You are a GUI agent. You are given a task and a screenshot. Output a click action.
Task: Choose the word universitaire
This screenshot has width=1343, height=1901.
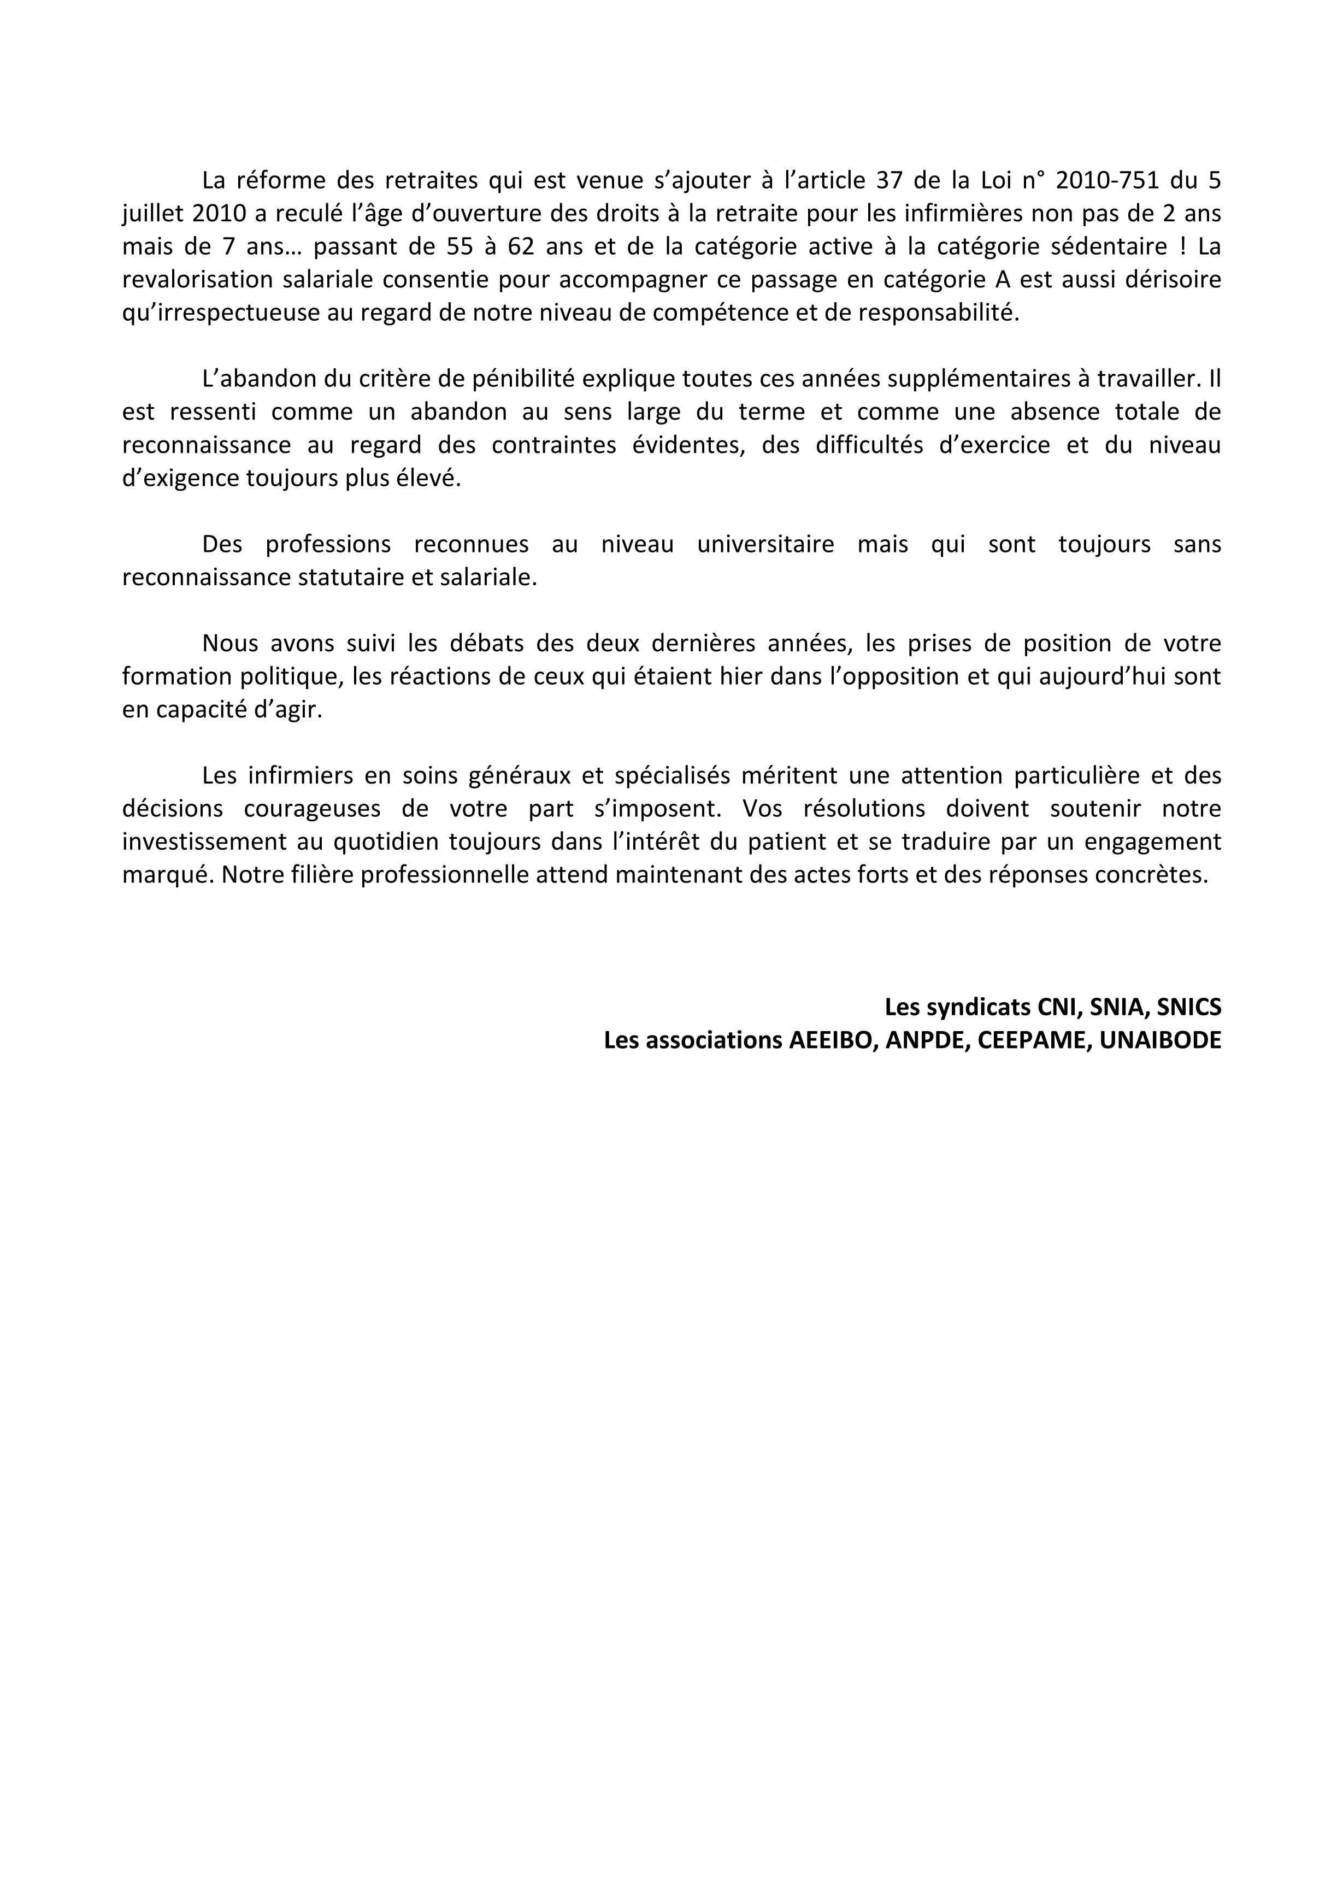(x=766, y=545)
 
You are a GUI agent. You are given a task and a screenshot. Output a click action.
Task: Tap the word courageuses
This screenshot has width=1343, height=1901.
(x=313, y=808)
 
